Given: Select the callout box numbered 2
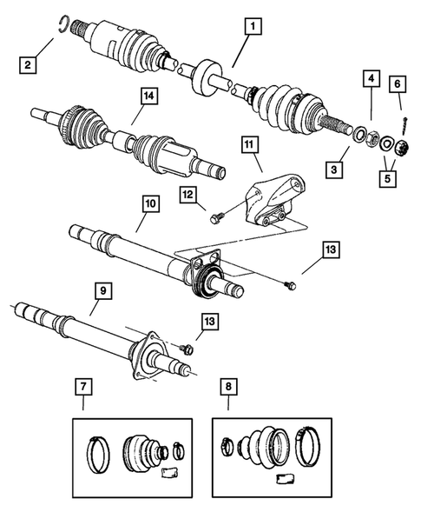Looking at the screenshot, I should (30, 64).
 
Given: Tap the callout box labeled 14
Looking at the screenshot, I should (138, 100).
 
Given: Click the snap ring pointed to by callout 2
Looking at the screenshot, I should (62, 23).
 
